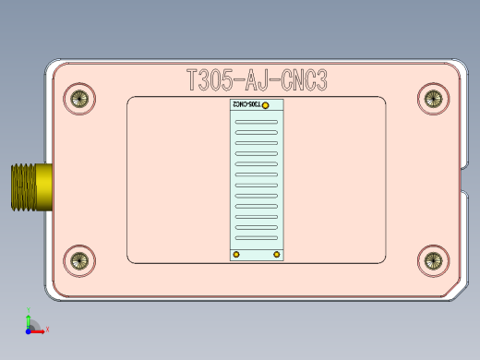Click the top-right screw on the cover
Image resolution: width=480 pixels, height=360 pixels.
[x=432, y=98]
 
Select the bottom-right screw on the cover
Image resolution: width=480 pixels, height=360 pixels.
[x=432, y=261]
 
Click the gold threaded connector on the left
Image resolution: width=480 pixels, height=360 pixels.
[x=29, y=186]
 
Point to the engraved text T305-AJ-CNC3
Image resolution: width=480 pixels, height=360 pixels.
[x=256, y=81]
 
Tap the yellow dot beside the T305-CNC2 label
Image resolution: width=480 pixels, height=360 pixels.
[x=267, y=105]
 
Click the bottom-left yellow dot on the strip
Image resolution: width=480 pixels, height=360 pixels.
[x=236, y=253]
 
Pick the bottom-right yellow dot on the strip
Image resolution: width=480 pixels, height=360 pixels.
[x=274, y=253]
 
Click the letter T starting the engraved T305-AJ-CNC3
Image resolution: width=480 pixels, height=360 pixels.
[x=193, y=81]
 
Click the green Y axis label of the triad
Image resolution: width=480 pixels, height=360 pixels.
[x=28, y=311]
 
